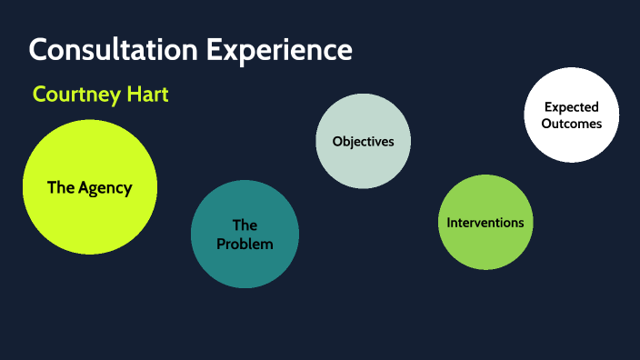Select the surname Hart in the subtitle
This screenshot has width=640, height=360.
[x=146, y=95]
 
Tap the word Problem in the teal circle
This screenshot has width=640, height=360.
[x=245, y=244]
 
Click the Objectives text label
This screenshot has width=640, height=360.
[x=363, y=141]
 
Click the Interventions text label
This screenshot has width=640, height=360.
[x=485, y=222]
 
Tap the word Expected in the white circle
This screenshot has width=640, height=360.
[x=571, y=107]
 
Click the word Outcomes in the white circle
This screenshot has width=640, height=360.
[x=571, y=124]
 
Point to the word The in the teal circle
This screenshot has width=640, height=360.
[x=245, y=225]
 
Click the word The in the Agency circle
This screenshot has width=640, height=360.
[x=60, y=188]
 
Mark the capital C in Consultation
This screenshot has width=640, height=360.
[x=38, y=50]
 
